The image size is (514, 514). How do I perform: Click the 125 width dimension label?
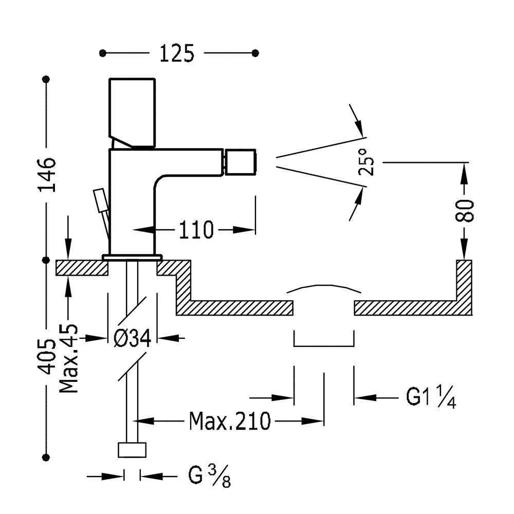click(x=177, y=53)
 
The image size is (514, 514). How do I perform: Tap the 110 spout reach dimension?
click(x=196, y=230)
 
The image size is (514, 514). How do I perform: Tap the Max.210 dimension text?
click(x=230, y=421)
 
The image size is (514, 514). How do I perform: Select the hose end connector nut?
click(x=132, y=449)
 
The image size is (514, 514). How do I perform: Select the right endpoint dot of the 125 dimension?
click(x=256, y=52)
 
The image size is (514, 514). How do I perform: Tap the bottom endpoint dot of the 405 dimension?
click(x=48, y=456)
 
